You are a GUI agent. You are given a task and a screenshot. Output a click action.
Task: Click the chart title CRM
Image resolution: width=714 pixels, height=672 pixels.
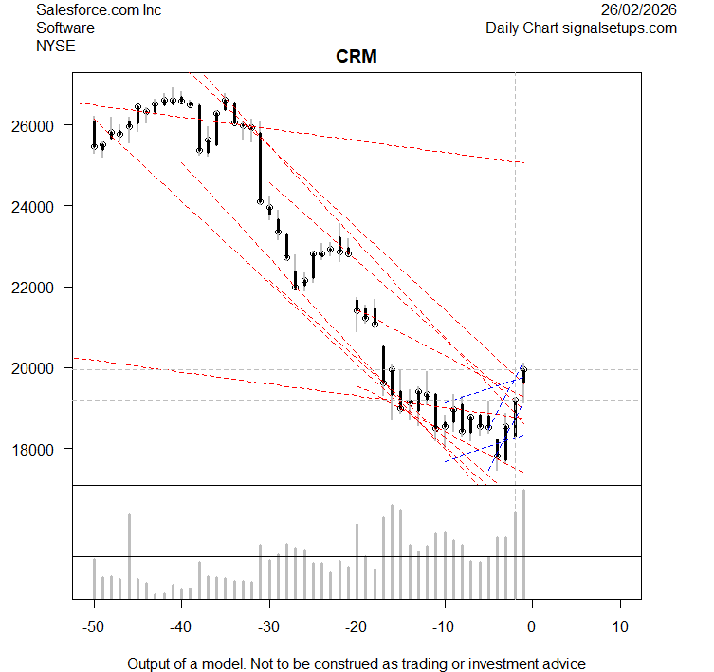[357, 57]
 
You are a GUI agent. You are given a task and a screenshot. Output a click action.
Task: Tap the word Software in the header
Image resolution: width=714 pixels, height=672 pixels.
[64, 28]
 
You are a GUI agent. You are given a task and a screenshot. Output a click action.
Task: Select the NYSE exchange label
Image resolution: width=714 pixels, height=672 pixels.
[54, 45]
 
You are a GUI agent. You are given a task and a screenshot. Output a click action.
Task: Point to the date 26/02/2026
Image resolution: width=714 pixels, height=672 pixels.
[639, 10]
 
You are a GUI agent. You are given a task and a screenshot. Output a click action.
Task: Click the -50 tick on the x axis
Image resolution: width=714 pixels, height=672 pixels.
[94, 625]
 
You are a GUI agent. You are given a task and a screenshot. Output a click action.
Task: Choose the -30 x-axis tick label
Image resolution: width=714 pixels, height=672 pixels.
[269, 625]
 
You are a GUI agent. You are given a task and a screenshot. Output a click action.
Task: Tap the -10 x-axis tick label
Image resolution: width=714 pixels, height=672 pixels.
[444, 625]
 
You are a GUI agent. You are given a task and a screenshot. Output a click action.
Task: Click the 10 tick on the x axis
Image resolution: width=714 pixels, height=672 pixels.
[620, 625]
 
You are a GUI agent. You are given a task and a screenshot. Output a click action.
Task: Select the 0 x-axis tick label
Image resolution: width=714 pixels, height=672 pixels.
[532, 625]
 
